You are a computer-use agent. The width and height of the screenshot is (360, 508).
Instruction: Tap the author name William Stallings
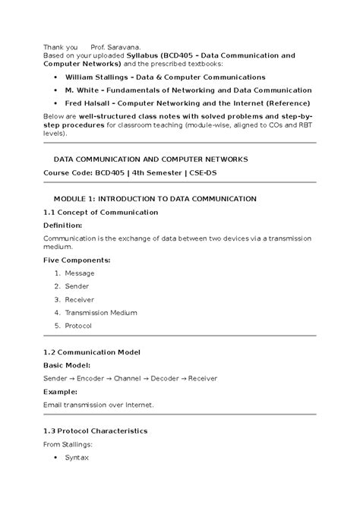[100, 77]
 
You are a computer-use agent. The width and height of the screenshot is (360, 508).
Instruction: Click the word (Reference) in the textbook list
[283, 103]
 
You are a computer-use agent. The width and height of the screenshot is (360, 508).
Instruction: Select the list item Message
[80, 273]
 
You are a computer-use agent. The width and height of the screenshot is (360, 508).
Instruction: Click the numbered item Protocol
[78, 325]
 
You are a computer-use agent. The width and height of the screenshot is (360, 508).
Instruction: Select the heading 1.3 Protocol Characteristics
[95, 431]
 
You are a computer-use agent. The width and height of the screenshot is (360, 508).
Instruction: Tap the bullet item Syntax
[77, 458]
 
